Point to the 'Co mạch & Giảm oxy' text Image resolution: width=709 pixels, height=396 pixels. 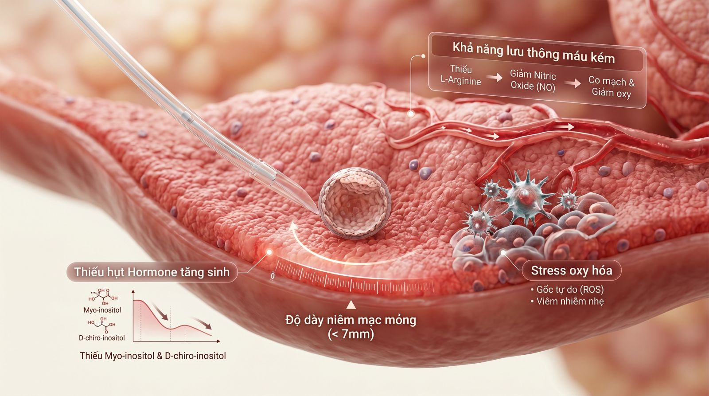coord(611,87)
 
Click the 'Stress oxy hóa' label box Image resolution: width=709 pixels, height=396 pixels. coord(571,271)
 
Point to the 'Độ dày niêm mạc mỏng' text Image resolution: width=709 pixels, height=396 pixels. coord(351,320)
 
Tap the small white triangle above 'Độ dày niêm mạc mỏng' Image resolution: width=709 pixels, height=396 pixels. coord(351,305)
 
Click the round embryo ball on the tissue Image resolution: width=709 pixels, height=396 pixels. coord(354,204)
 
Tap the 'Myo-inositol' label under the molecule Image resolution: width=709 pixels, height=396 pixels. coord(102,310)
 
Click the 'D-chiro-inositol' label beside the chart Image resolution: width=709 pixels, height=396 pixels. coord(101,338)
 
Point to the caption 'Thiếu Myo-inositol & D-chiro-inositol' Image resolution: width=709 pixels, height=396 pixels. coord(153,356)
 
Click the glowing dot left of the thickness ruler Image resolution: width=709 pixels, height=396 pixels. coord(269,252)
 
